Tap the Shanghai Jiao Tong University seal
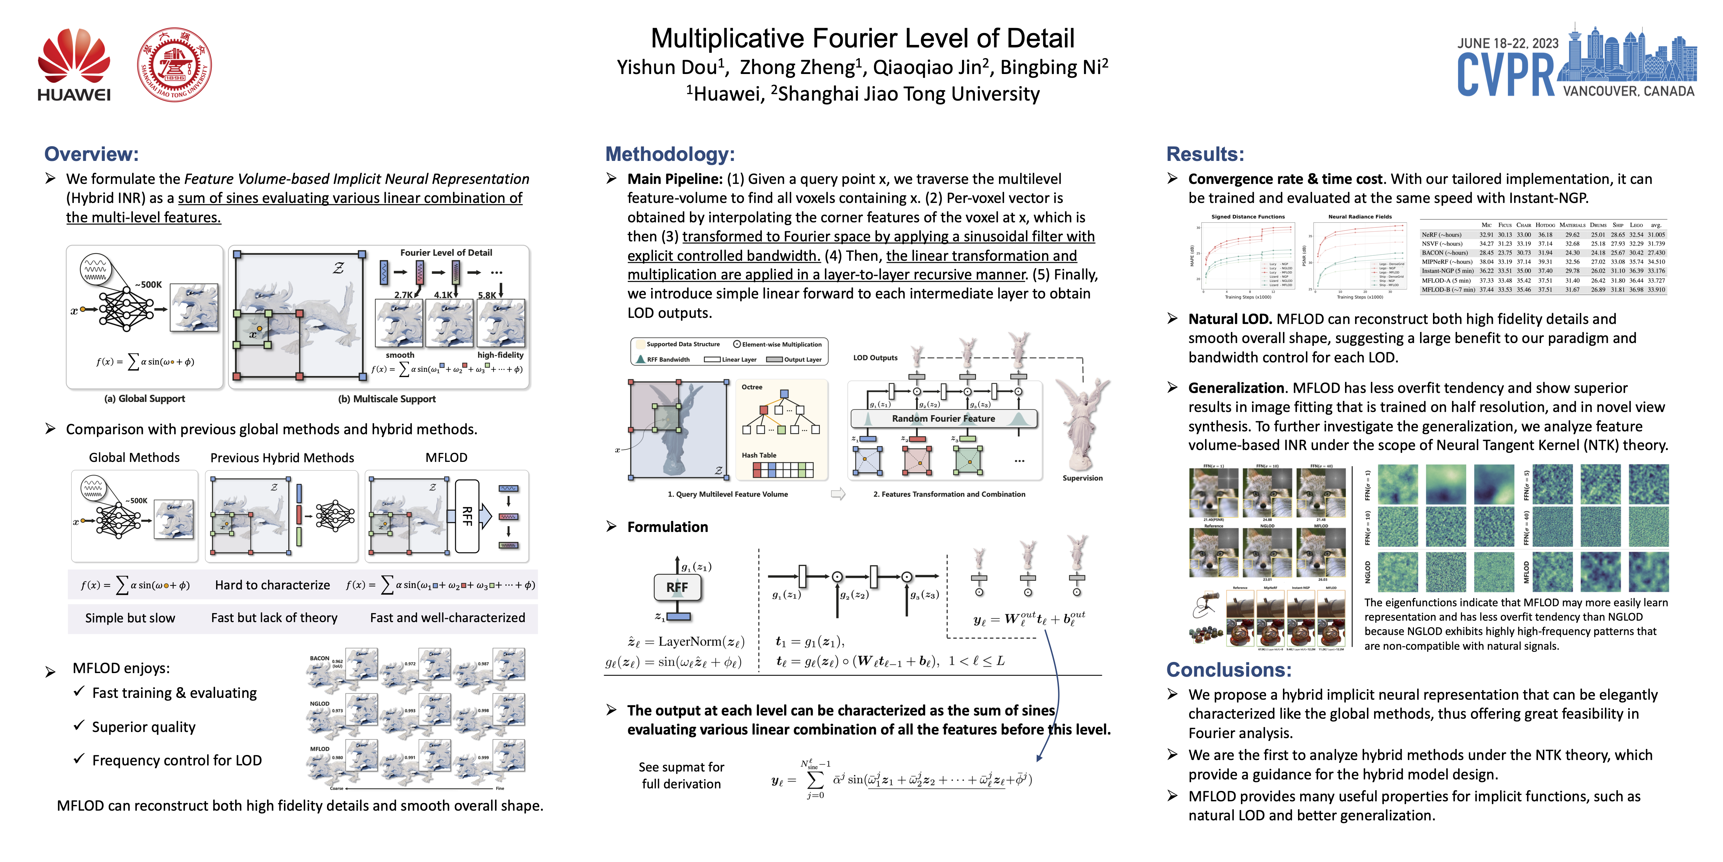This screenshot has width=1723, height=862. [x=174, y=65]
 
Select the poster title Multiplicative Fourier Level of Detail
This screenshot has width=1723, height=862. [x=862, y=38]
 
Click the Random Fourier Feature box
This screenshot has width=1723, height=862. [x=943, y=418]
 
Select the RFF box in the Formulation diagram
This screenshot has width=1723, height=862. [x=677, y=587]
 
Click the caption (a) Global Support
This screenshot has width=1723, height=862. [x=144, y=399]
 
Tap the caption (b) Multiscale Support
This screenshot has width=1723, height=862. [x=387, y=399]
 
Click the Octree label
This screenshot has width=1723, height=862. [x=752, y=387]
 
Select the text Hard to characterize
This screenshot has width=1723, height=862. [x=272, y=585]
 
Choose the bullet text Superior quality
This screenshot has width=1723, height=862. [x=144, y=727]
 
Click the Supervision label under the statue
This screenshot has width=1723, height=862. [x=1082, y=478]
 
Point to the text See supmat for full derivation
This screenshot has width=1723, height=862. [x=681, y=775]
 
